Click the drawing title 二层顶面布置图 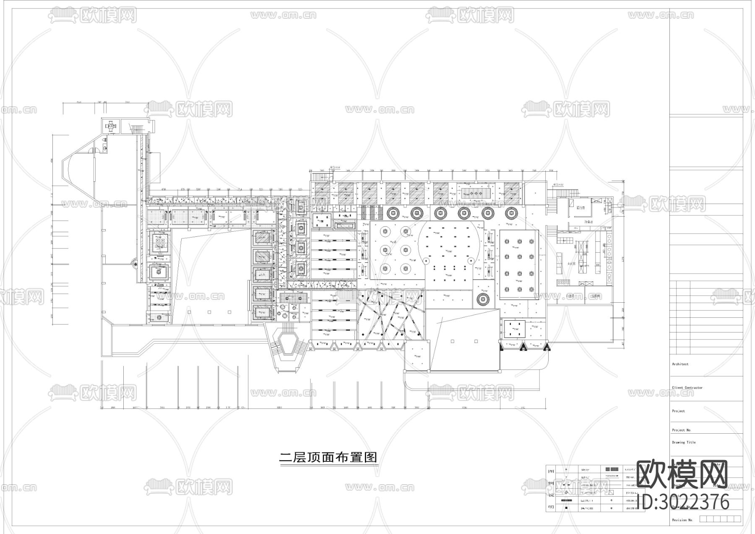(328, 457)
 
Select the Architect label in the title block (680, 364)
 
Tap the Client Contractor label (687, 387)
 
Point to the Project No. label (681, 430)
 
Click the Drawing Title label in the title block (684, 442)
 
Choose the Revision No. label (682, 520)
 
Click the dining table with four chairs (112, 125)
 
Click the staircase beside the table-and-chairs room (136, 128)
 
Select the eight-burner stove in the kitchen (564, 282)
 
